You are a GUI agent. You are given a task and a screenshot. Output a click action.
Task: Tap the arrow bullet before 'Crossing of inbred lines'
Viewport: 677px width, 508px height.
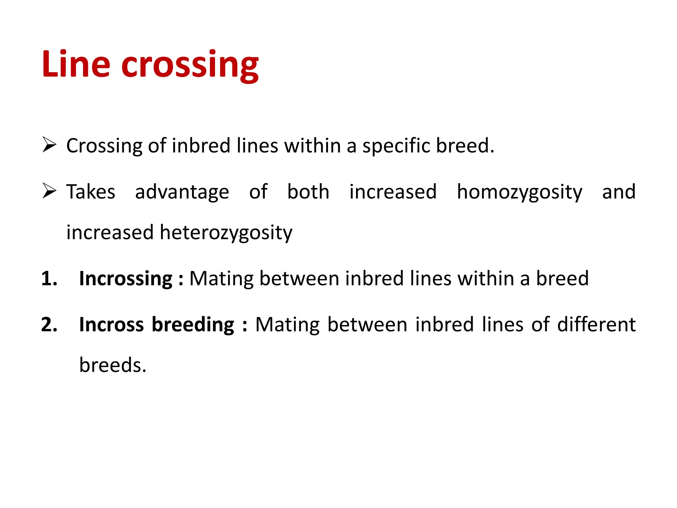[x=49, y=146]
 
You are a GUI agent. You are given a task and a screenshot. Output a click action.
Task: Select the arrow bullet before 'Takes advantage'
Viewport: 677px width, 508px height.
[x=49, y=191]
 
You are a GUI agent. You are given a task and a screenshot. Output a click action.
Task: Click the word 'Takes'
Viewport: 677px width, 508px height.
[x=91, y=192]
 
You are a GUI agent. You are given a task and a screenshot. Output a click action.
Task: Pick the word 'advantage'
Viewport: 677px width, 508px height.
[x=182, y=192]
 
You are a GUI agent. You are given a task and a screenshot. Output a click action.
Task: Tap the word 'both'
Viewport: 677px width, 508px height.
[x=308, y=192]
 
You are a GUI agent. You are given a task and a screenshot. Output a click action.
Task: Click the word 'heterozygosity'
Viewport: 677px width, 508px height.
[x=226, y=233]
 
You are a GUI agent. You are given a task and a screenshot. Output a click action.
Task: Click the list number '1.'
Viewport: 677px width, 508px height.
[x=49, y=278]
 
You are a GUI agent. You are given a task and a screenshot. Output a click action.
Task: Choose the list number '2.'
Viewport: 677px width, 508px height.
[x=49, y=324]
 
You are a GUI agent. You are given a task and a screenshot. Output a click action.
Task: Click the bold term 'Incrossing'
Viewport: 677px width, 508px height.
[x=126, y=279]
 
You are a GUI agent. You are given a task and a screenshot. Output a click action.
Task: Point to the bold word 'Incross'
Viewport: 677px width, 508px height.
[x=111, y=324]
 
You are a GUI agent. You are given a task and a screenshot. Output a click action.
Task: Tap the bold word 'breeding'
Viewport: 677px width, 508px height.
[x=193, y=325]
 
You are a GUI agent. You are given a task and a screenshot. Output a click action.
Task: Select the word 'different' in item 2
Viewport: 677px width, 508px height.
[x=596, y=324]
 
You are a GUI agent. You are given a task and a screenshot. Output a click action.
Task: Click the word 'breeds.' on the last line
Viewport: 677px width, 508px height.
[x=113, y=365]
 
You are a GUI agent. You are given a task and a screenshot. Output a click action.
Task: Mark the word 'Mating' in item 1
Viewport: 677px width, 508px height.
[x=221, y=279]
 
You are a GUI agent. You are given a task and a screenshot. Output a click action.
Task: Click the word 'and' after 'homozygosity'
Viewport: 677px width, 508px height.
[x=619, y=192]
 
